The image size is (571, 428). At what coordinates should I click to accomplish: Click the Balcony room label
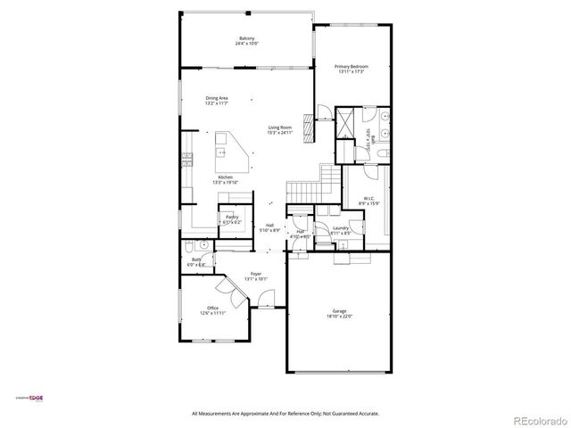click(x=247, y=38)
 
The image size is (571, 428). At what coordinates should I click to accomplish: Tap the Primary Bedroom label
click(x=352, y=67)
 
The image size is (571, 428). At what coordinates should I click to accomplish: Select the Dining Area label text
click(x=217, y=98)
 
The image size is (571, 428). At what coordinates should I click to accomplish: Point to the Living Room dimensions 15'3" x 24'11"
click(x=280, y=132)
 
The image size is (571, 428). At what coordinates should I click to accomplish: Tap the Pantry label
click(x=232, y=216)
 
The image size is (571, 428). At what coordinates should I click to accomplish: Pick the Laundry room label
click(x=340, y=227)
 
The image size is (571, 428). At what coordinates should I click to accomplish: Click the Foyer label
click(x=256, y=274)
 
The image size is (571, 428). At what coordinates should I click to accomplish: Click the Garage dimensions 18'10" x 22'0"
click(x=338, y=317)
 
